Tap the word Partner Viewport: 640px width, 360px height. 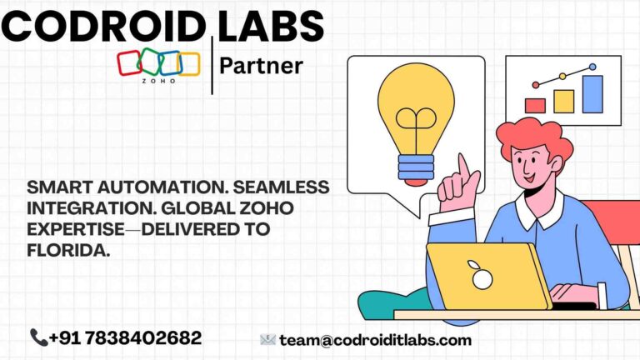point(262,66)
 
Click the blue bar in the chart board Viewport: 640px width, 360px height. point(592,94)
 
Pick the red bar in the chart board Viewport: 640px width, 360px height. point(536,106)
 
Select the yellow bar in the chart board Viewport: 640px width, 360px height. point(563,101)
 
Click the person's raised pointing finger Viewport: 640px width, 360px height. point(462,167)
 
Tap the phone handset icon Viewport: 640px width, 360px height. point(38,337)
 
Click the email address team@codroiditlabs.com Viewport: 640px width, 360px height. point(375,340)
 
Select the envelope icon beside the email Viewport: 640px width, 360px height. point(267,340)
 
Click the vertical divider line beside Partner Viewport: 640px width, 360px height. point(213,65)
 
